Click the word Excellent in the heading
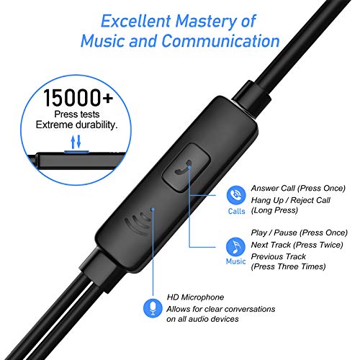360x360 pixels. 136,21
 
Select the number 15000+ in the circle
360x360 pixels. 78,97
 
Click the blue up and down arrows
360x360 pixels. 76,142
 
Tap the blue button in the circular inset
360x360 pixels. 76,152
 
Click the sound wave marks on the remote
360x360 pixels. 138,223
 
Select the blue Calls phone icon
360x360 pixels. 236,195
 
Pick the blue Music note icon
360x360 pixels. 235,246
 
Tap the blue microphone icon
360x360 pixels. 153,308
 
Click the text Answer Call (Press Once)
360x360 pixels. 298,189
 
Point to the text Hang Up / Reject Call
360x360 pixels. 291,200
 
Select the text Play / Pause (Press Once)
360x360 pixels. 299,233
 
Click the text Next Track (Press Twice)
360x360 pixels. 297,245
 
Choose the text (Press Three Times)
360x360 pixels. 288,266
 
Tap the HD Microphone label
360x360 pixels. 195,297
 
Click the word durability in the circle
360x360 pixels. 96,125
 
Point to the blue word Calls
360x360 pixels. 236,211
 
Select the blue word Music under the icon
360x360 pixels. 235,261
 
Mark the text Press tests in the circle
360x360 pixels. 77,114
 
